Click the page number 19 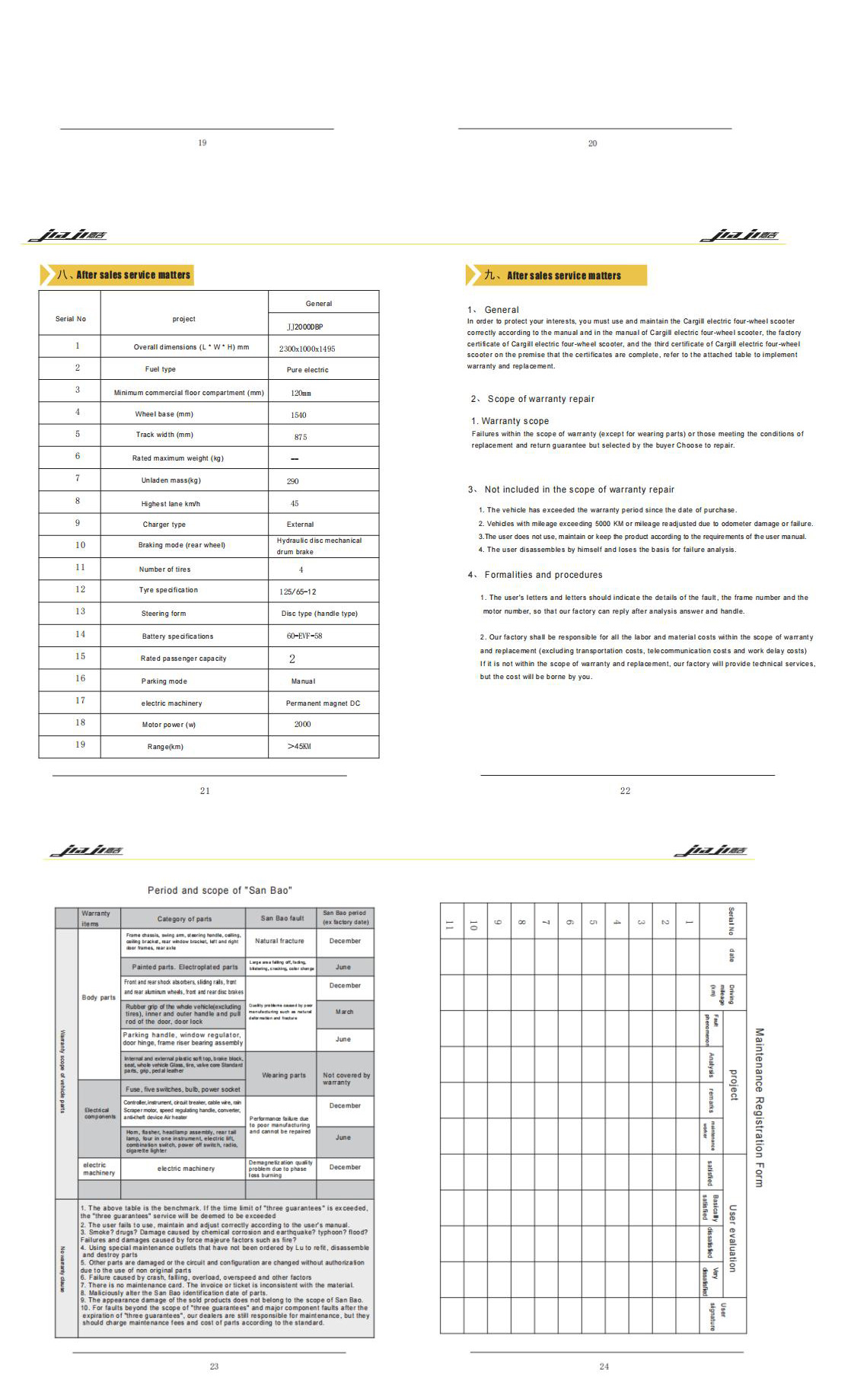(202, 143)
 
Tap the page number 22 (625, 791)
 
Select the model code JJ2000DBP (304, 327)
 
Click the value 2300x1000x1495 (307, 349)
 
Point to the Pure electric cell (307, 370)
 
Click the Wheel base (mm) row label (164, 414)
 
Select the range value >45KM (299, 746)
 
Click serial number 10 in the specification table (80, 545)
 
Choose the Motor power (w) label (169, 725)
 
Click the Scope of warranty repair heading (540, 399)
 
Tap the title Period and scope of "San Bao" (219, 890)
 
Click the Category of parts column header (184, 919)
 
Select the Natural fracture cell (279, 941)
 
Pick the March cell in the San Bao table (344, 1012)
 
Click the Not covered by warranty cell (346, 1079)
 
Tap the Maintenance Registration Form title (758, 1107)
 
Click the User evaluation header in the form (732, 1238)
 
